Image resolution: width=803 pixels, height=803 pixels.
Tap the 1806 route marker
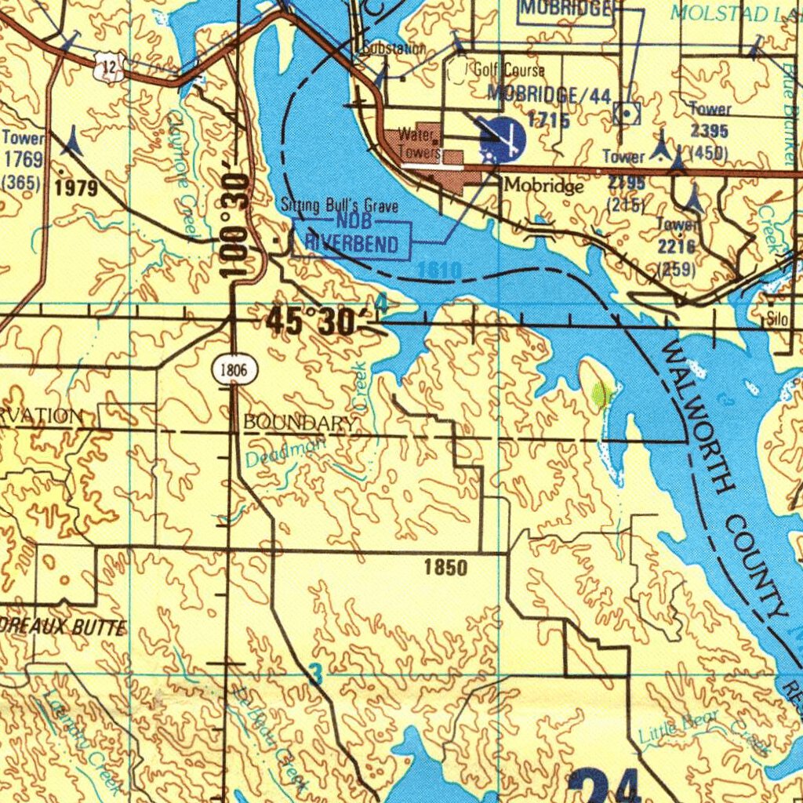[x=234, y=369]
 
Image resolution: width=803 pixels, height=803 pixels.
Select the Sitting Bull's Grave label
[x=340, y=206]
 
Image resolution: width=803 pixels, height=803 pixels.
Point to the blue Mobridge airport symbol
[x=503, y=138]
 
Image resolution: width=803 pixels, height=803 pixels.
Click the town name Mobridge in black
[x=543, y=186]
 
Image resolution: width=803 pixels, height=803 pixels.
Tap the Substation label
[x=394, y=49]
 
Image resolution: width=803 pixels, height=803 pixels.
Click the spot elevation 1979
[x=76, y=188]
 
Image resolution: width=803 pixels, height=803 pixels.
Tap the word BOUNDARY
[x=299, y=422]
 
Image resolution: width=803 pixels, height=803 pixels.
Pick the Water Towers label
[x=418, y=143]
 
